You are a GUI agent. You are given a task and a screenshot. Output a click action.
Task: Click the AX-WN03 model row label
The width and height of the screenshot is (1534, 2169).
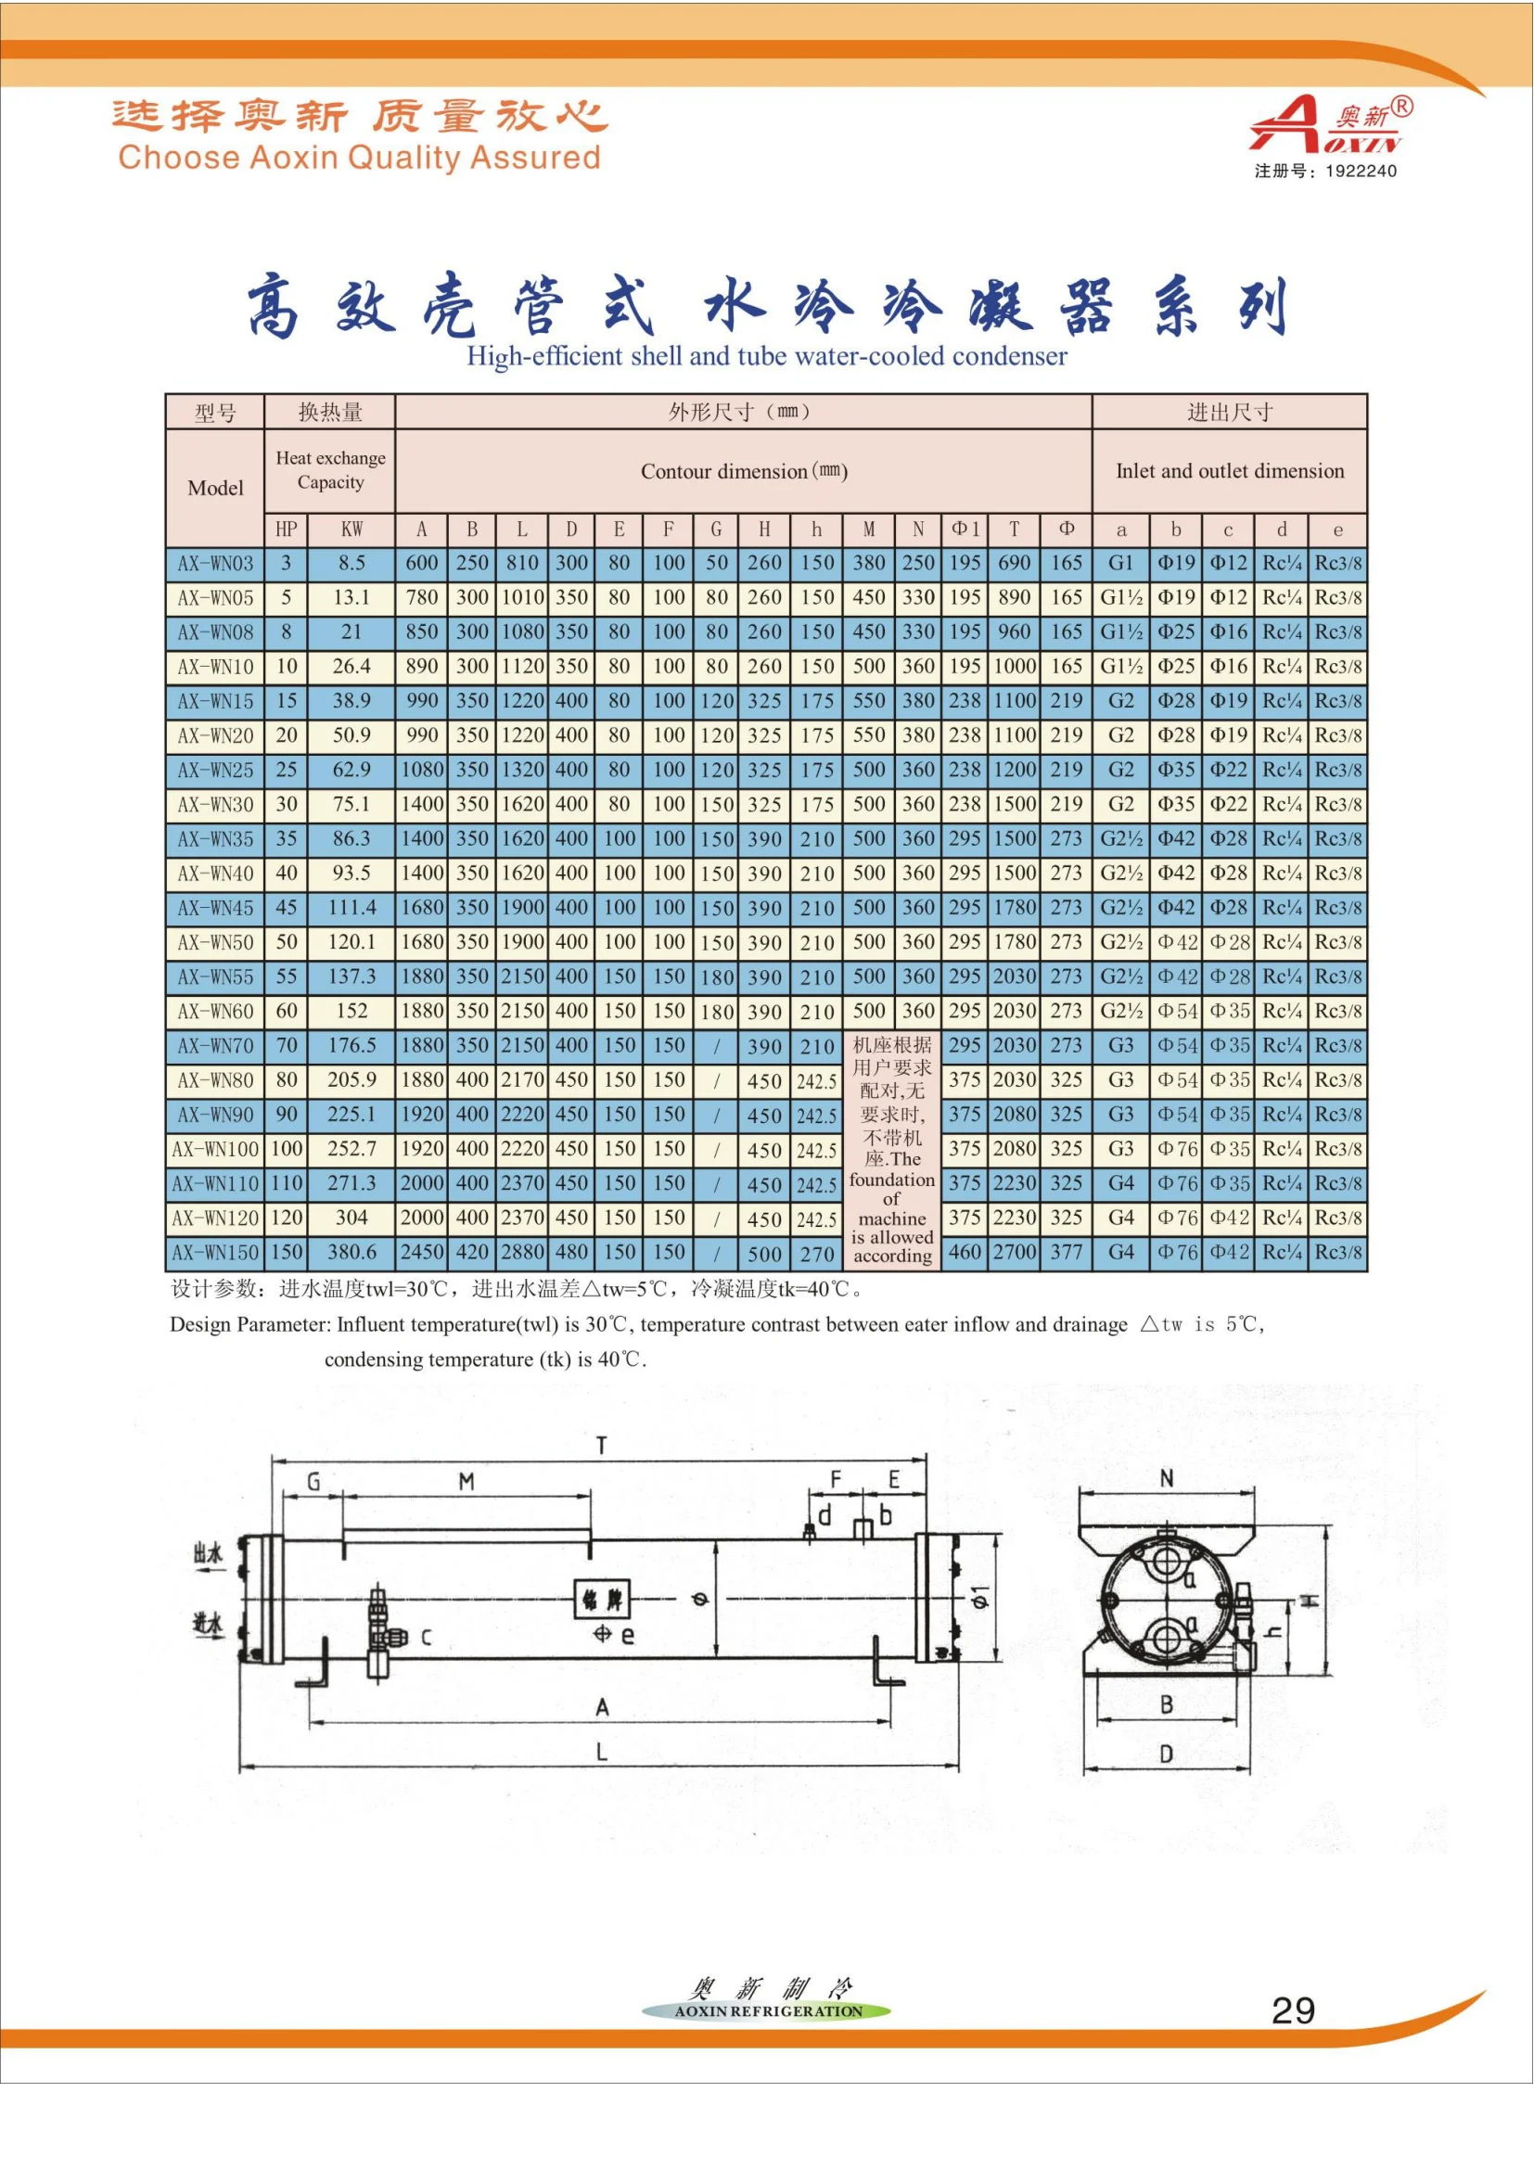pyautogui.click(x=215, y=563)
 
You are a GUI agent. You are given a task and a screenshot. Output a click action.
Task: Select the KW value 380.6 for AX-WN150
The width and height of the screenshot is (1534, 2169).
pyautogui.click(x=352, y=1253)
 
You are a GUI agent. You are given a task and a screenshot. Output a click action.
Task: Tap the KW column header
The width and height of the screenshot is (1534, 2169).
pyautogui.click(x=352, y=529)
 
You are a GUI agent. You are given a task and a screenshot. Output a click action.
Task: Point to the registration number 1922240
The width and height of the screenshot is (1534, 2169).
pyautogui.click(x=1361, y=171)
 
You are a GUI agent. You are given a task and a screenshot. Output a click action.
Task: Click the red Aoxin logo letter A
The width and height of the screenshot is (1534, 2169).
pyautogui.click(x=1289, y=124)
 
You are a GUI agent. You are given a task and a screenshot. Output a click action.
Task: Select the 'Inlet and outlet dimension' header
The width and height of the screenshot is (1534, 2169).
pyautogui.click(x=1229, y=470)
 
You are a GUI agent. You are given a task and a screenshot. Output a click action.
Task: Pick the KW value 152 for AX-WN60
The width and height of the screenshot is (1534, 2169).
pyautogui.click(x=352, y=1011)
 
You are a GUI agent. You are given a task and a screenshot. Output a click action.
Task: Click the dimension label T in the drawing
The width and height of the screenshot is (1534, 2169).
pyautogui.click(x=601, y=1446)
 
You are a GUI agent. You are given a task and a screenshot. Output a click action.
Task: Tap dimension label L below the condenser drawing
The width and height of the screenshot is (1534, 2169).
pyautogui.click(x=601, y=1753)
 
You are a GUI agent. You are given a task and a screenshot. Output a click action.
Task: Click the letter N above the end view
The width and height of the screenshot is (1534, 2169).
pyautogui.click(x=1167, y=1479)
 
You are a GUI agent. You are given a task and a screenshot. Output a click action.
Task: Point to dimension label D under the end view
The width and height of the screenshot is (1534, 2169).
pyautogui.click(x=1167, y=1754)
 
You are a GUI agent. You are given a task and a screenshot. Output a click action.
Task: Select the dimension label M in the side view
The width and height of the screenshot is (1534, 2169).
pyautogui.click(x=466, y=1482)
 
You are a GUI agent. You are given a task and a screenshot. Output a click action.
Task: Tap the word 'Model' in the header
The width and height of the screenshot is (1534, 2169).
pyautogui.click(x=215, y=488)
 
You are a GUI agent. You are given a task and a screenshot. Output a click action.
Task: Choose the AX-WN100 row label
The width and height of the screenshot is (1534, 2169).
pyautogui.click(x=215, y=1150)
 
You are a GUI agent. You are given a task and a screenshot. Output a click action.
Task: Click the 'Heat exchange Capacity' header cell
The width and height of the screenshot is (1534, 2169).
pyautogui.click(x=330, y=469)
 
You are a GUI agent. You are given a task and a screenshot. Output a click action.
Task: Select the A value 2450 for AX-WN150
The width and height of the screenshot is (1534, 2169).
pyautogui.click(x=421, y=1253)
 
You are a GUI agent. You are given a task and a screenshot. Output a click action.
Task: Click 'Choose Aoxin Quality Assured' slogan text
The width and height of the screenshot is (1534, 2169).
pyautogui.click(x=359, y=157)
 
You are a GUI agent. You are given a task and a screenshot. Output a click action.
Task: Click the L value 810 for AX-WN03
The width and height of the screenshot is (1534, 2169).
pyautogui.click(x=521, y=563)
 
